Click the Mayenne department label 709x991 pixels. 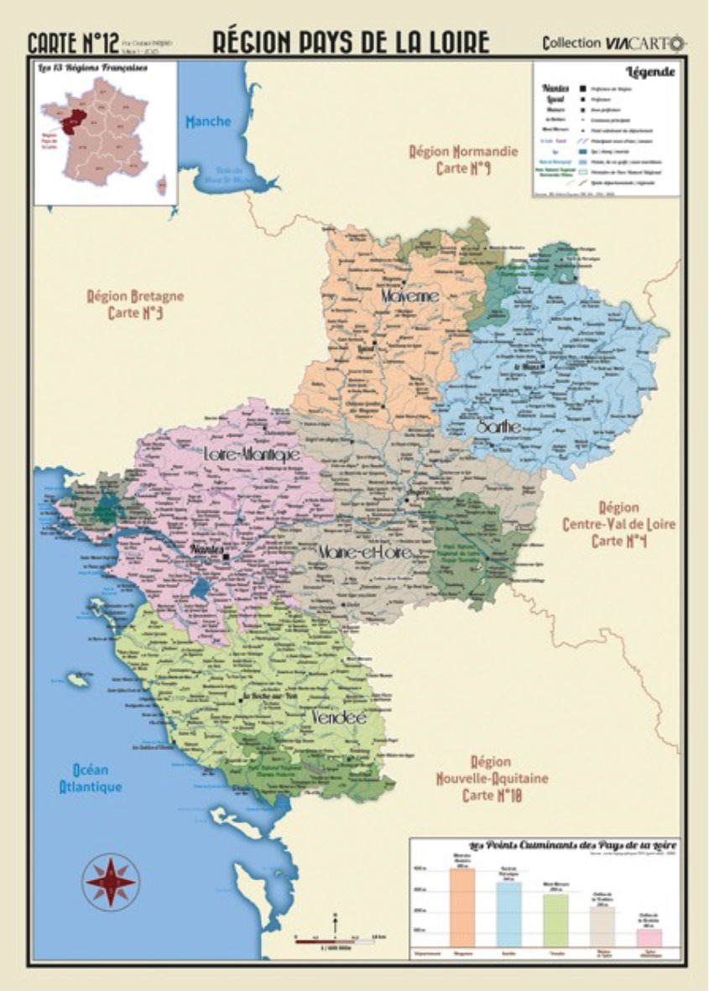click(409, 296)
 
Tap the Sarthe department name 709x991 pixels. click(498, 427)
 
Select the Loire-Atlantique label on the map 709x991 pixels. click(252, 453)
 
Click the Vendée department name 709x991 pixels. click(337, 718)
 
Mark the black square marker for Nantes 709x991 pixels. click(226, 555)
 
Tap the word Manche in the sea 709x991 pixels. click(208, 122)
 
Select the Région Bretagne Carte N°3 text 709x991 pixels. click(135, 304)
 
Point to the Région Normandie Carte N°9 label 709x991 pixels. click(463, 160)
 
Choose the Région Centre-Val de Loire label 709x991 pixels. click(618, 524)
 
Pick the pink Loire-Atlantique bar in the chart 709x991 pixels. click(649, 936)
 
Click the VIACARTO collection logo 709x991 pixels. click(613, 43)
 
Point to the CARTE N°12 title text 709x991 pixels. click(73, 42)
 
